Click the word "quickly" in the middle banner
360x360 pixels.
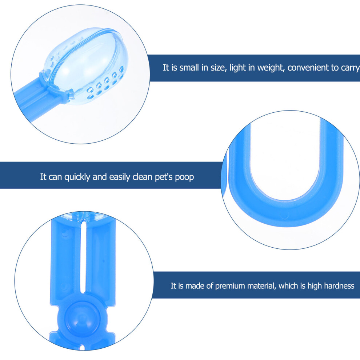pos(77,177)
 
